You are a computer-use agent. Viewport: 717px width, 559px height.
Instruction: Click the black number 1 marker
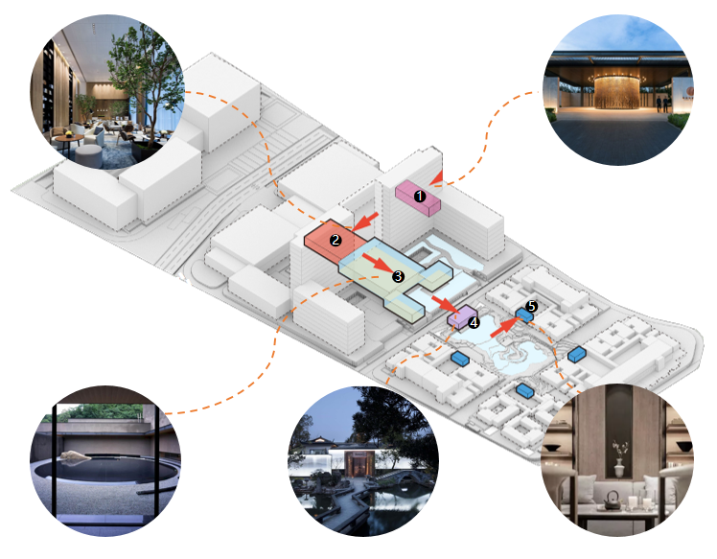coord(418,195)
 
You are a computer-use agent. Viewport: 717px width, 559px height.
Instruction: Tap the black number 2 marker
coord(335,240)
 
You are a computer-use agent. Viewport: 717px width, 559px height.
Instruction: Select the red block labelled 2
coord(328,243)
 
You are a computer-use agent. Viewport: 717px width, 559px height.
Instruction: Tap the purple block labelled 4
coord(461,315)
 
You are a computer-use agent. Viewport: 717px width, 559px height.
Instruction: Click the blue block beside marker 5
coord(524,314)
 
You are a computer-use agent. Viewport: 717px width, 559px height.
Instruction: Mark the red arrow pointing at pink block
coord(439,175)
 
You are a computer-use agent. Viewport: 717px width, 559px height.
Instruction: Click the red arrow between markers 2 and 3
coord(378,260)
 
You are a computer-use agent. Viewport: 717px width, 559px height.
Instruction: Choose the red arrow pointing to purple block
coord(444,303)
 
